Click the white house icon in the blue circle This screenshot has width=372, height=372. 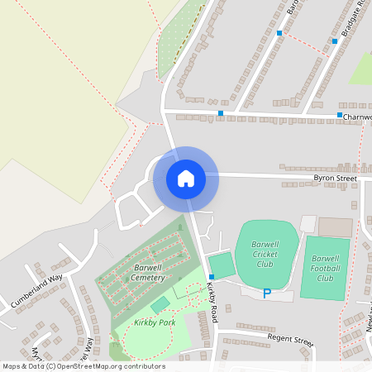pos(186,178)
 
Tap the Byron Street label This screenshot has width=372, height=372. pos(334,178)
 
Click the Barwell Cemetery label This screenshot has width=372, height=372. pos(147,273)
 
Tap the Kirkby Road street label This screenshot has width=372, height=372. pos(213,296)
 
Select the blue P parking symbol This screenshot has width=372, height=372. pos(266,293)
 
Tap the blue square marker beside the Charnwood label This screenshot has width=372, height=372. pos(340,115)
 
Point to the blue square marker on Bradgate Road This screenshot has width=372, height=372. pos(335,41)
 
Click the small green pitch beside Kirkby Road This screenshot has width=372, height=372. pos(222,265)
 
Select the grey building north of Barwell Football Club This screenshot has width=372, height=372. pos(335,227)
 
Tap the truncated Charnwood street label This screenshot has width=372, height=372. pos(357,117)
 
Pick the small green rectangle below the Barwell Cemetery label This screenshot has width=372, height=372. pos(160,304)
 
